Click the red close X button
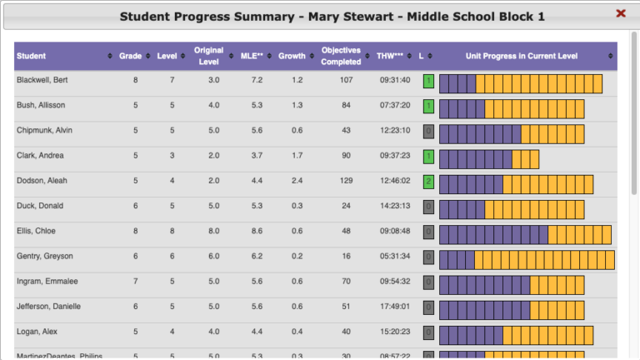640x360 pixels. (x=621, y=13)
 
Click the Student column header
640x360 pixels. (x=32, y=56)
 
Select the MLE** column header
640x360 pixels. (x=253, y=56)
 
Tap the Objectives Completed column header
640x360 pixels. (x=341, y=56)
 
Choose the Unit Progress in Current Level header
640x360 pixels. (x=522, y=56)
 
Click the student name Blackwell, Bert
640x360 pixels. (x=43, y=81)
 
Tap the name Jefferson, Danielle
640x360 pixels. (x=49, y=306)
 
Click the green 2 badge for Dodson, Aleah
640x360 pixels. (x=428, y=182)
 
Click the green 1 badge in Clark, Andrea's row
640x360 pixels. (x=428, y=157)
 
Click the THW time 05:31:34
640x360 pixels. (x=394, y=256)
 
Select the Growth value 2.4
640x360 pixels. (x=297, y=181)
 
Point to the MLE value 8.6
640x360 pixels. (x=257, y=231)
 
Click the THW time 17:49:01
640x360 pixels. (x=394, y=306)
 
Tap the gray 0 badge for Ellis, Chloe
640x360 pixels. (x=428, y=232)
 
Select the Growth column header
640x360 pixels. (x=292, y=56)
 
